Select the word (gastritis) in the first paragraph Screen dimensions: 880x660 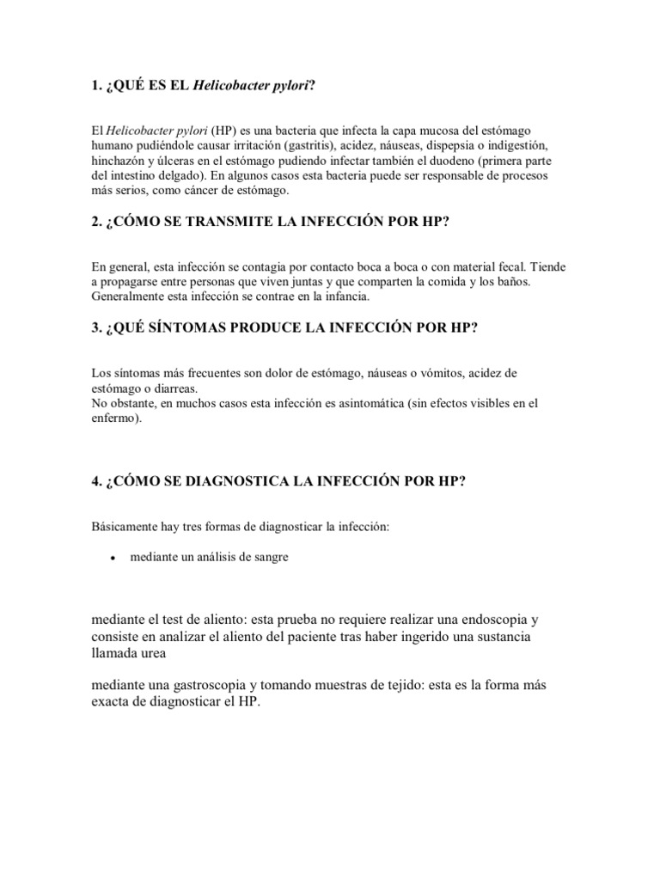(288, 145)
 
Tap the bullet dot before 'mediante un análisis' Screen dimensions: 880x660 (113, 558)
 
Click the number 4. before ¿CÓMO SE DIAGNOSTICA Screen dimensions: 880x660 (95, 481)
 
